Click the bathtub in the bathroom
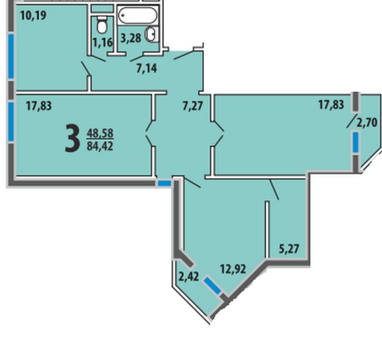tap(138, 15)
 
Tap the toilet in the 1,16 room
tap(102, 25)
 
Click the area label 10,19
tap(33, 16)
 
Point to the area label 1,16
tap(103, 43)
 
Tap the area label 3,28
tap(131, 38)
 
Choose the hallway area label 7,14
tap(147, 68)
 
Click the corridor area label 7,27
tap(193, 107)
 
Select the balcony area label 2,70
tap(367, 123)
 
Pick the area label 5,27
tap(289, 249)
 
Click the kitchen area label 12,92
tap(233, 269)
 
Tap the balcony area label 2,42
tap(189, 277)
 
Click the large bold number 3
tap(73, 138)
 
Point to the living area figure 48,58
tap(100, 133)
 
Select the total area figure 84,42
tap(100, 146)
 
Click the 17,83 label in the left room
tap(39, 107)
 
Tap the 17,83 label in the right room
tap(331, 105)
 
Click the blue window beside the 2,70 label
tap(356, 143)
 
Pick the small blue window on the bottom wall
tap(165, 184)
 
